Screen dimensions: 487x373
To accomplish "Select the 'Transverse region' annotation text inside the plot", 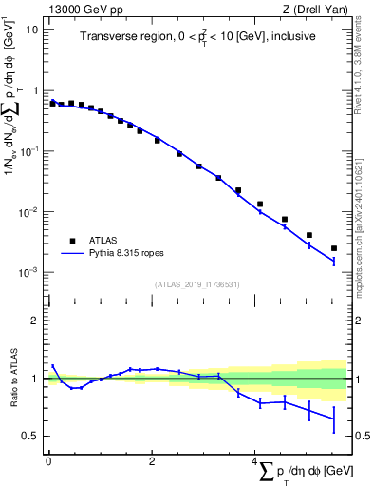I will [x=196, y=37].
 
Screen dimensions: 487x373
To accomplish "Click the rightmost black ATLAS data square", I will [x=334, y=248].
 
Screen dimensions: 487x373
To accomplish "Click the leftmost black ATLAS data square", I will [x=53, y=102].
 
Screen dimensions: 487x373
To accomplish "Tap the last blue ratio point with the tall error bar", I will [x=334, y=419].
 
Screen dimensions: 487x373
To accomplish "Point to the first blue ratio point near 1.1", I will [x=53, y=366].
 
